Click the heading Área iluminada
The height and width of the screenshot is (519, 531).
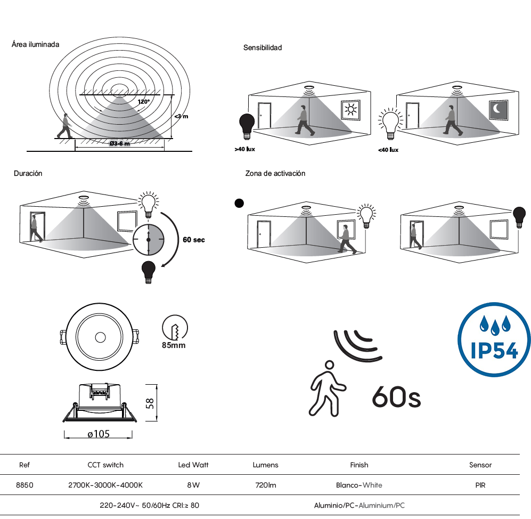[35, 44]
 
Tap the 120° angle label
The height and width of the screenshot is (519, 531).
[144, 102]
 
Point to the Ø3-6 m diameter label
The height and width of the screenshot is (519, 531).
[119, 144]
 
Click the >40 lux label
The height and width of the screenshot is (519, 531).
[244, 149]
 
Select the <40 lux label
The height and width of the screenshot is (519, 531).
[388, 150]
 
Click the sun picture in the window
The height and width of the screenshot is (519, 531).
[350, 110]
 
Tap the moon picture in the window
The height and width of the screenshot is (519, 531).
[498, 109]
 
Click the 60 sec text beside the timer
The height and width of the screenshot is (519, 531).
[194, 240]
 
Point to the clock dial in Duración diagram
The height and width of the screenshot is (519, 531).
[148, 240]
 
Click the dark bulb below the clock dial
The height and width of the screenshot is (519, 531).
[148, 272]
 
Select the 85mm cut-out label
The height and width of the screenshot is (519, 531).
[174, 345]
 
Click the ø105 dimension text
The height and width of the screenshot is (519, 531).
[99, 434]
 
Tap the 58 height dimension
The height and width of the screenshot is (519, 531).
[150, 403]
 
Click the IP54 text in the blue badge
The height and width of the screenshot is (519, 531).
[494, 350]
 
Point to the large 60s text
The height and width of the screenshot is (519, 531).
[396, 396]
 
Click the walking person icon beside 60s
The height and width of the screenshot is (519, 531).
[327, 388]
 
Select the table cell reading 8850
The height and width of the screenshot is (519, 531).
[24, 485]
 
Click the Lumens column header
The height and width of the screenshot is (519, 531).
[265, 465]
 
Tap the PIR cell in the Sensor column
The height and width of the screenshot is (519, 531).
[480, 485]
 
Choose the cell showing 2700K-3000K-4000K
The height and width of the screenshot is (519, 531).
[105, 485]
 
